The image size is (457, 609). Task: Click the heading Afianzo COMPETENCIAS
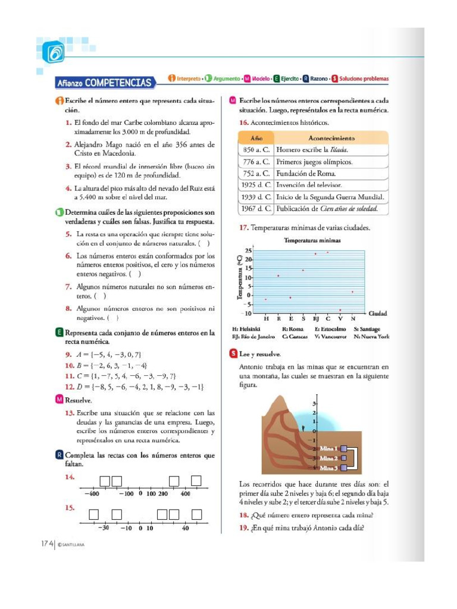(104, 82)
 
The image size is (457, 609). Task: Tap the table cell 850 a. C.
(256, 150)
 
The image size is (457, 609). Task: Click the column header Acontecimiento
(332, 137)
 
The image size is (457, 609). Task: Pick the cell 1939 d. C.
(256, 197)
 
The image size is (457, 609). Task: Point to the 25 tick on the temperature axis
(248, 251)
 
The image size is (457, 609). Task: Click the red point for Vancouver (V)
(340, 310)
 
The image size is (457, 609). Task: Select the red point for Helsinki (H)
(266, 299)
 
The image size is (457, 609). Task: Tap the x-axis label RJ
(316, 319)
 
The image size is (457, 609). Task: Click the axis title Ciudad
(378, 313)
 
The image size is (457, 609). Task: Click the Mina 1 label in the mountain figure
(328, 448)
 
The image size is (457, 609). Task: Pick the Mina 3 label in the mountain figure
(328, 468)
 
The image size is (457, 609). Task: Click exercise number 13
(70, 412)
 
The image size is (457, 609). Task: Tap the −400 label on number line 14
(91, 494)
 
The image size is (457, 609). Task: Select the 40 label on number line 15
(186, 528)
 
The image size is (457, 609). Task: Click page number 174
(48, 543)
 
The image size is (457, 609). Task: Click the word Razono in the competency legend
(319, 79)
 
